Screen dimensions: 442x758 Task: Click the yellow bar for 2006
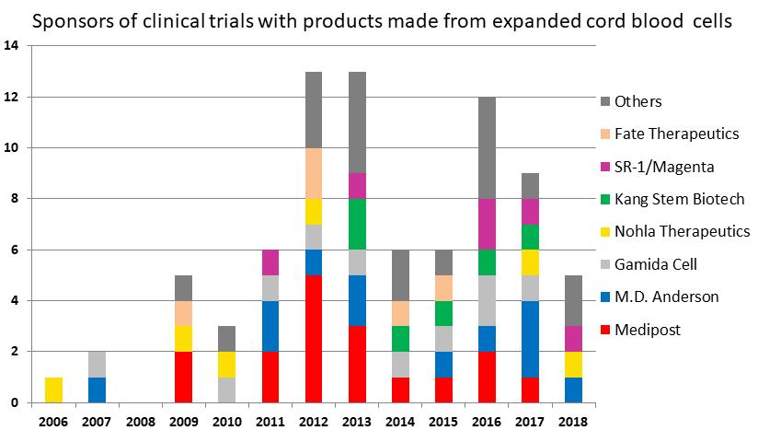pyautogui.click(x=54, y=390)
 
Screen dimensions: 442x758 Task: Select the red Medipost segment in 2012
pyautogui.click(x=314, y=339)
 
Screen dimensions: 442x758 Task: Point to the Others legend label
pyautogui.click(x=638, y=101)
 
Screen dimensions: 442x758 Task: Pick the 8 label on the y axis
pyautogui.click(x=16, y=199)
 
